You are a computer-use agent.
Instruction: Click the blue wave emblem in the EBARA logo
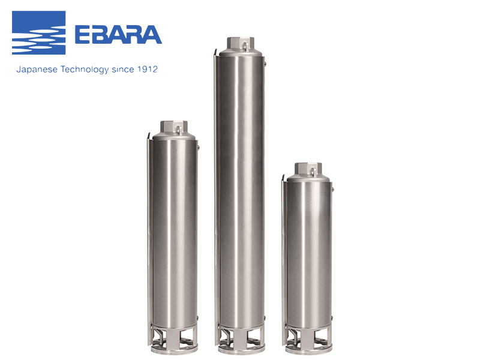click(38, 33)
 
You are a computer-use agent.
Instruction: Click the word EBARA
click(118, 35)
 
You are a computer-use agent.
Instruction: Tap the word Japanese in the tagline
click(37, 70)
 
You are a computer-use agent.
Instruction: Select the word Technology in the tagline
click(85, 70)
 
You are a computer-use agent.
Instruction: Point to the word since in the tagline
click(123, 70)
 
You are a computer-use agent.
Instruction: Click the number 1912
click(147, 69)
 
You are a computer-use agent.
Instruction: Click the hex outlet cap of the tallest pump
click(241, 43)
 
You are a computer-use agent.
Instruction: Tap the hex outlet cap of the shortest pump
click(308, 169)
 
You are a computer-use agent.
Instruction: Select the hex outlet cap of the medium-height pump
click(174, 127)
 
